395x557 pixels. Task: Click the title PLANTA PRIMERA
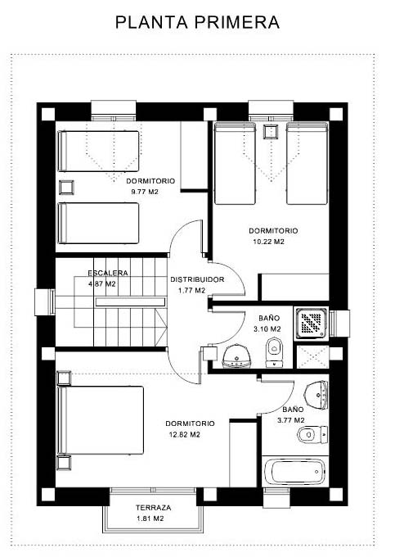coord(198,22)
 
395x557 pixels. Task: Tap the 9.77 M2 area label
coord(145,192)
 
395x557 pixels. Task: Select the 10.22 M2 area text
coord(268,242)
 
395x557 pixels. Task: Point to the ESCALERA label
coord(108,273)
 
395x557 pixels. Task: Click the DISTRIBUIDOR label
coord(197,279)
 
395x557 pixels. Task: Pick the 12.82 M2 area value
coord(185,434)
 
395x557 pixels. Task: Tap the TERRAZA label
coord(154,508)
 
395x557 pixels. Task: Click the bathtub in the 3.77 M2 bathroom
coord(294,471)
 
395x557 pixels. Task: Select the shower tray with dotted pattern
coord(312,324)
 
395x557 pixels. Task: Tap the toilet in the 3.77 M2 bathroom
coord(312,434)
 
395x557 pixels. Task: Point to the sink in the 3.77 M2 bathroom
coord(316,394)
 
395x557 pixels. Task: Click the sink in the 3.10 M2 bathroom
coord(237,356)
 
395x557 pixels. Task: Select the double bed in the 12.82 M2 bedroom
coord(101,420)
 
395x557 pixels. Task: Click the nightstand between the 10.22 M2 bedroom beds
coord(271,132)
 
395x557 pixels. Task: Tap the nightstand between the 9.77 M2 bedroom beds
coord(66,188)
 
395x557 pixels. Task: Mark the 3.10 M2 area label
coord(267,329)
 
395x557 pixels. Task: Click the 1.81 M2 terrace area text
coord(150,519)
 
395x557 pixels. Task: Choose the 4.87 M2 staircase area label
coord(101,284)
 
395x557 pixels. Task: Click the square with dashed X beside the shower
coord(312,356)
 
